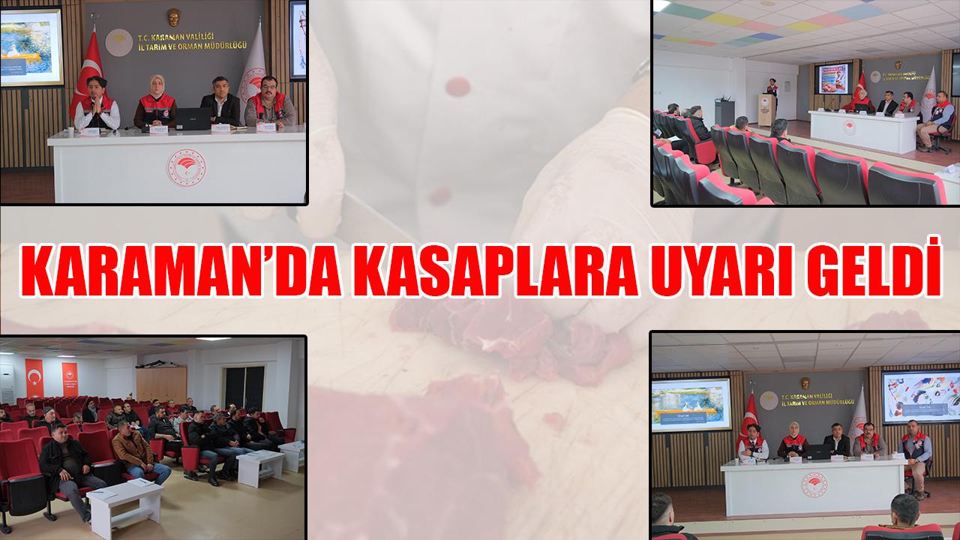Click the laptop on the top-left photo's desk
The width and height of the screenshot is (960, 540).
(193, 118)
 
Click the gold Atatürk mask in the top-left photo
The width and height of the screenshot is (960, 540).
(173, 17)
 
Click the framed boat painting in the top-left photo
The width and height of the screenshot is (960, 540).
(31, 47)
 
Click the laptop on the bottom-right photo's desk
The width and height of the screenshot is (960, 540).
(817, 451)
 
